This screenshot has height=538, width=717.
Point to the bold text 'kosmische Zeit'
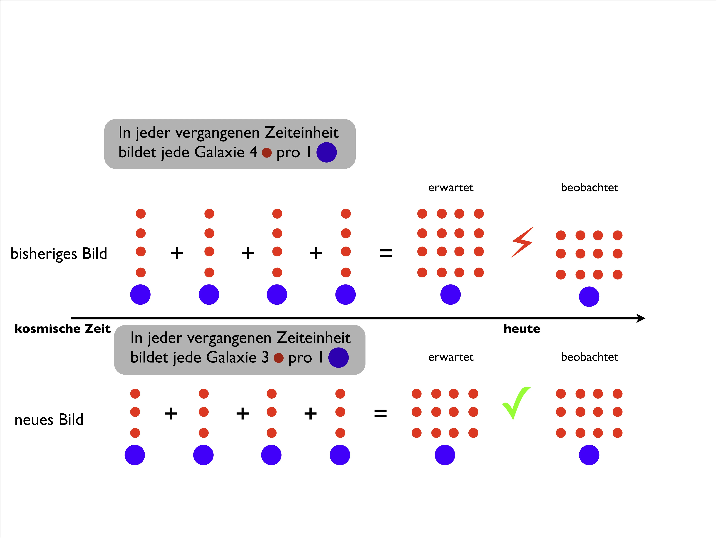click(63, 329)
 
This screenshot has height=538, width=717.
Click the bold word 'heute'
click(522, 329)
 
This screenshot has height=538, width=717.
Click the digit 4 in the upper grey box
click(253, 152)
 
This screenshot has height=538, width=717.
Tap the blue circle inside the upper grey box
click(326, 152)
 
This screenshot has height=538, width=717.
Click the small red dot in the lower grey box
click(278, 358)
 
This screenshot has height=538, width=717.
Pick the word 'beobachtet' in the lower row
click(589, 357)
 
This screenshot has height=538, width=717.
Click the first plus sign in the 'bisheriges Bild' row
click(177, 253)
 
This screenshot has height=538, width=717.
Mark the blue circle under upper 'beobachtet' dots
click(589, 297)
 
